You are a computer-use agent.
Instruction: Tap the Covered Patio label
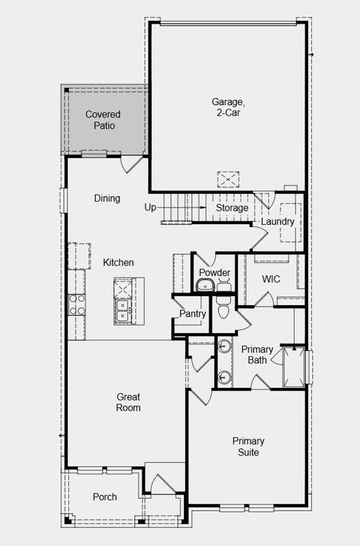tap(103, 120)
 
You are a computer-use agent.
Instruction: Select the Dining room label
tap(107, 199)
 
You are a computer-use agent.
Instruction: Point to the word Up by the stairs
tap(150, 207)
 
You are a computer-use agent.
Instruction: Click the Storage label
tap(232, 208)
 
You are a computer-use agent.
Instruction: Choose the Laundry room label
tap(277, 222)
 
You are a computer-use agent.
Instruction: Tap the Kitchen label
tap(118, 262)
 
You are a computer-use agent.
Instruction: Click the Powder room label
tap(214, 272)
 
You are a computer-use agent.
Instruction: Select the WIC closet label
tap(271, 279)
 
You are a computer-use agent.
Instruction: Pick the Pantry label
tap(192, 313)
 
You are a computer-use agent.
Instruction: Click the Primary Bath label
tap(257, 355)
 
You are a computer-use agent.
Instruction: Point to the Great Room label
tap(128, 402)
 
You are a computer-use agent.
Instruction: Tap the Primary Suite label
tap(247, 447)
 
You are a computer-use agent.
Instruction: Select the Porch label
tap(104, 497)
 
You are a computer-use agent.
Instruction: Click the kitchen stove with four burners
tap(76, 304)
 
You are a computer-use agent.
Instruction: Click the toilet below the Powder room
tap(223, 307)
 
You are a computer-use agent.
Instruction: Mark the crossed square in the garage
tap(227, 179)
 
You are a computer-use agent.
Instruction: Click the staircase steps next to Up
tap(184, 207)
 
